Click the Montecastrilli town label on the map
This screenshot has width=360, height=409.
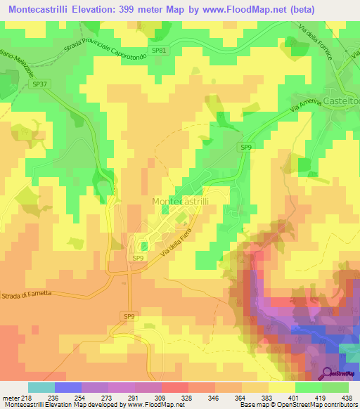click(185, 201)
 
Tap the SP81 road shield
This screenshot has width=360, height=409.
click(161, 51)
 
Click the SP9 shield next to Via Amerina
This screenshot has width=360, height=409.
click(245, 147)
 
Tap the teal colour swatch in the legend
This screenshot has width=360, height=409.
click(41, 387)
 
